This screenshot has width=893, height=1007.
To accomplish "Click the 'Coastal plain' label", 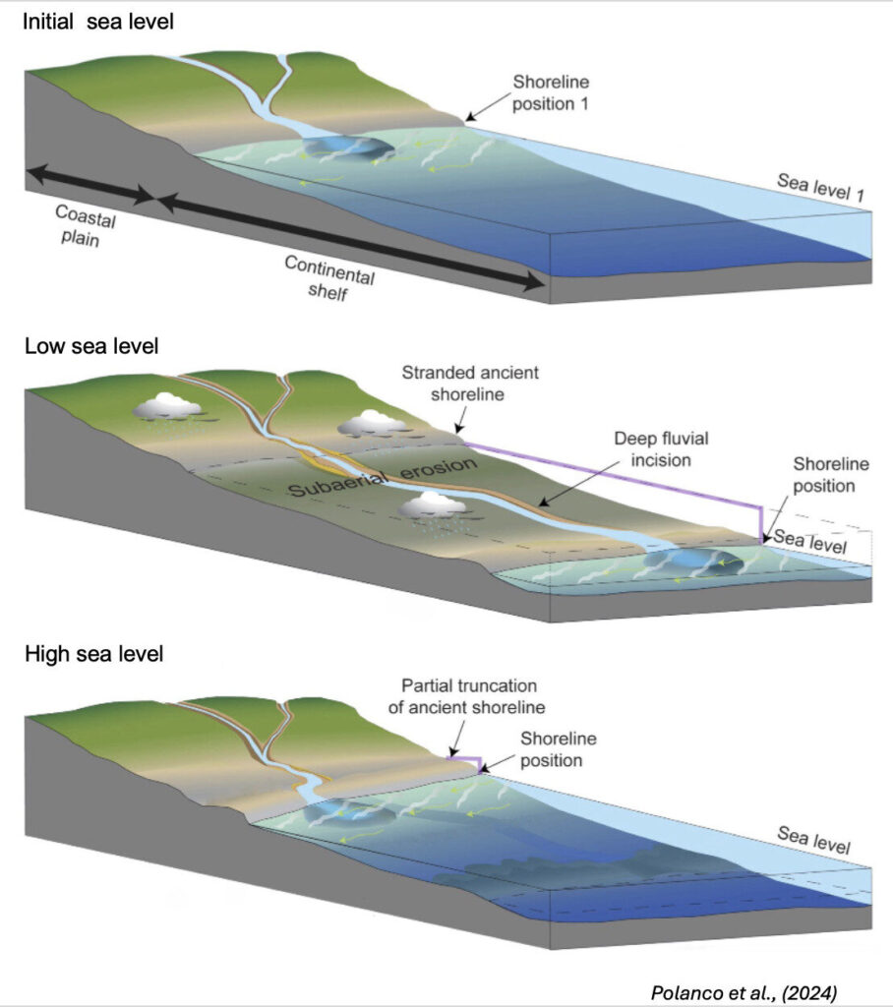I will click(x=79, y=225).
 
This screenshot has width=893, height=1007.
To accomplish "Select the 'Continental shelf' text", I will click(x=330, y=278).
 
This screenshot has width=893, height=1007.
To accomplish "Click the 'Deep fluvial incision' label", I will click(x=633, y=448).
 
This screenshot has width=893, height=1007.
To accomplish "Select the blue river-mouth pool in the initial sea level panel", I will click(x=349, y=148).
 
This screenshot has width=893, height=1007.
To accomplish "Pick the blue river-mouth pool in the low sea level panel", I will click(x=692, y=563).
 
